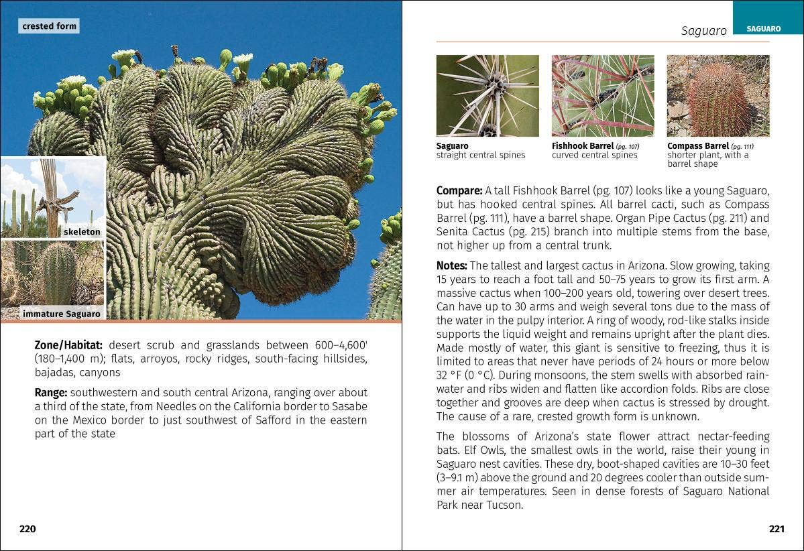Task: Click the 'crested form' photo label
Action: [49, 26]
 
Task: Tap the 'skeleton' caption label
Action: [82, 232]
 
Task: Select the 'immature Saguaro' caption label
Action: [61, 314]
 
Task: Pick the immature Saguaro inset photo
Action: [52, 275]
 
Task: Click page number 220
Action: [27, 529]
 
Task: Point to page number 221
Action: [777, 529]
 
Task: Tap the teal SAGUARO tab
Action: [764, 29]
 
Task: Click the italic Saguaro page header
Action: [703, 31]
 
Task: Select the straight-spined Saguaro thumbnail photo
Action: [487, 96]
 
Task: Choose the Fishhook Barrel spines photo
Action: [603, 96]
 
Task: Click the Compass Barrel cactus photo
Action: [718, 96]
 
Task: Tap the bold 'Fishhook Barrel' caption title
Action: [583, 145]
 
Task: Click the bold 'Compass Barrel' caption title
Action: [697, 145]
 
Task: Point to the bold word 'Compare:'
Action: [459, 190]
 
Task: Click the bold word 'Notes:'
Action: [452, 266]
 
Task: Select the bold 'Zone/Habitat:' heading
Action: [68, 345]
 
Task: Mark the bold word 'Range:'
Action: [51, 392]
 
